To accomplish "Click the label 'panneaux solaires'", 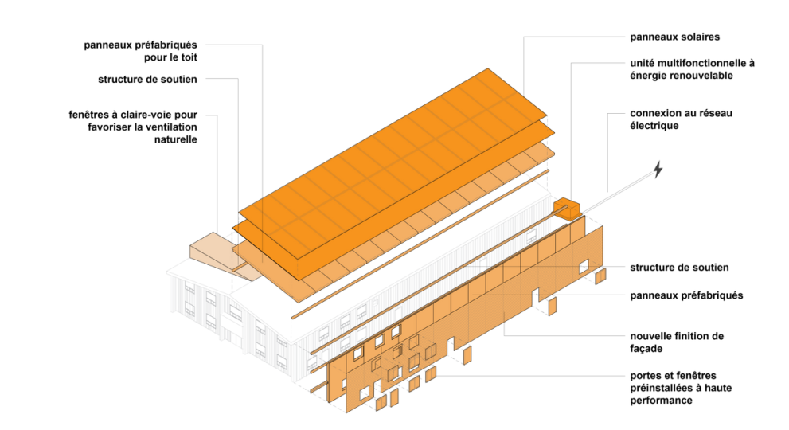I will [674, 37].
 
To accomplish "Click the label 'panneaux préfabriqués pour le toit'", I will [140, 51].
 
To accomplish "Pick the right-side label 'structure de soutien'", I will [678, 268].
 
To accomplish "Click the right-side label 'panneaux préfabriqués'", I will [685, 295].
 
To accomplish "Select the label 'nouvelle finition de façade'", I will [677, 342].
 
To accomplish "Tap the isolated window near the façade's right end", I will [583, 264].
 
